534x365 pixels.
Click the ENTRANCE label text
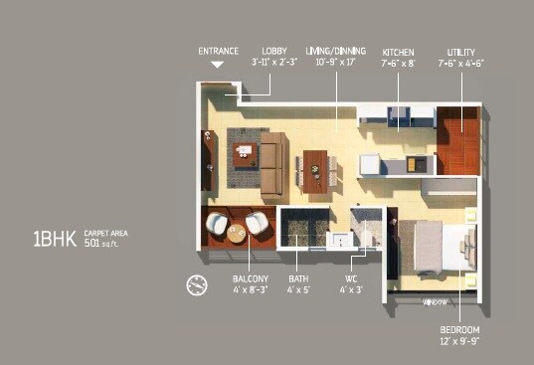coord(218,50)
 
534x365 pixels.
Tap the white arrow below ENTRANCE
coord(217,65)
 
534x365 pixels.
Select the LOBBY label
coord(274,50)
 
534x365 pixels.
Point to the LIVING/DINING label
coord(335,50)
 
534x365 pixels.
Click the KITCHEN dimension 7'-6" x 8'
coord(400,61)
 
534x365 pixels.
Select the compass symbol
coord(196,285)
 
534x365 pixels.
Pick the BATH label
coord(298,279)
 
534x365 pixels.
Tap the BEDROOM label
coord(459,329)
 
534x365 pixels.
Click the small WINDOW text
coord(434,301)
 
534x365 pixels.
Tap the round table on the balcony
coord(237,232)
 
